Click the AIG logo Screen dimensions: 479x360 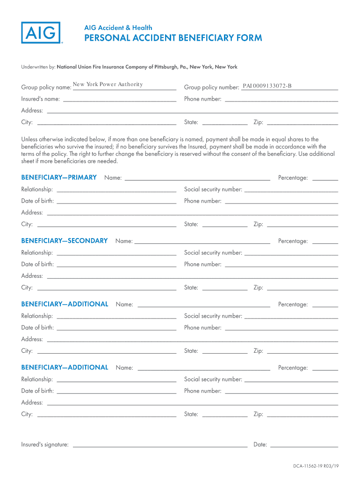41,33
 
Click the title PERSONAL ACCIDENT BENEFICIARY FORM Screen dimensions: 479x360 173,38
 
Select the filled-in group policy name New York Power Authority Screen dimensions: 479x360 108,84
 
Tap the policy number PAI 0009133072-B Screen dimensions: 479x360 267,86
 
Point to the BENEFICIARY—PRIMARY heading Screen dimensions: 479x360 59,177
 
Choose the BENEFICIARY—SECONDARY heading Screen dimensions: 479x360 65,240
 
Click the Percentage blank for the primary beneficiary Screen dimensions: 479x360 325,179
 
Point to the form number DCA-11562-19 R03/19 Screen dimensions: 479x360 316,466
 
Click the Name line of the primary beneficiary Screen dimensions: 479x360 197,179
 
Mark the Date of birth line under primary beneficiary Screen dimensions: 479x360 116,202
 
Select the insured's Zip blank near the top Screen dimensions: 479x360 302,123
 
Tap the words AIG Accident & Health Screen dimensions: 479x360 118,28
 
